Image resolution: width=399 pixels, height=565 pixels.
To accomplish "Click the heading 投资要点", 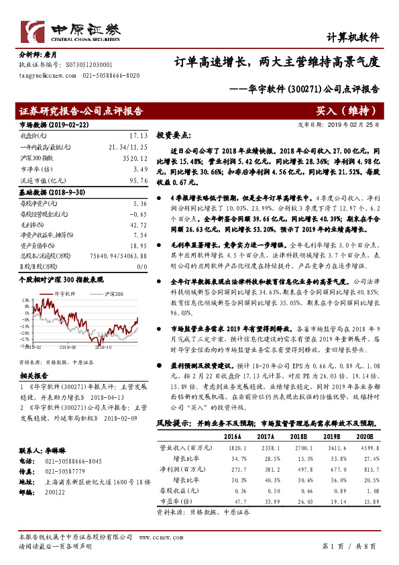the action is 174,135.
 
